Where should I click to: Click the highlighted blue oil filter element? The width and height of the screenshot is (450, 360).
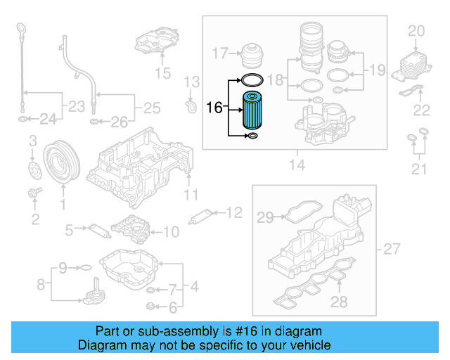click(253, 111)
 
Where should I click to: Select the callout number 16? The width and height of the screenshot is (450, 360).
click(214, 108)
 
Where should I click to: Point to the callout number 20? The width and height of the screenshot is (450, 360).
click(417, 31)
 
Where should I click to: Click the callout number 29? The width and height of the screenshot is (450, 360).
click(264, 219)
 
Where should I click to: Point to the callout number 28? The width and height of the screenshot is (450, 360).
click(339, 302)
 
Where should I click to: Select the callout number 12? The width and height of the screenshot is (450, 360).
click(233, 212)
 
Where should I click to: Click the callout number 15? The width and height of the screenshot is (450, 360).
click(162, 72)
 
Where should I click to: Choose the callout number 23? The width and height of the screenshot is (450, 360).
click(73, 107)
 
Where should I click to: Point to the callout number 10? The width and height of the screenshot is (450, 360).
click(171, 231)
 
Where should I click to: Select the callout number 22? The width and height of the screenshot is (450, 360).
click(421, 109)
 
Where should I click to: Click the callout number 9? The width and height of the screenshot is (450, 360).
click(63, 267)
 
